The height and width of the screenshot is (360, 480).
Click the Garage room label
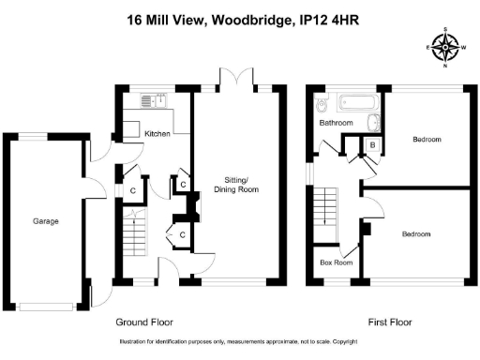[46, 221]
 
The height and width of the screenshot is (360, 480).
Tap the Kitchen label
[157, 134]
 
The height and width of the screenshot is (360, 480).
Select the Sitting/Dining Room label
[234, 184]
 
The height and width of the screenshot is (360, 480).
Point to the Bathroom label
[336, 123]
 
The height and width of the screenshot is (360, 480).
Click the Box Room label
[337, 263]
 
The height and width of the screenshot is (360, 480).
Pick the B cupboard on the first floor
[372, 145]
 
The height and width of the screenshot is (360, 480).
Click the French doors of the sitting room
[234, 78]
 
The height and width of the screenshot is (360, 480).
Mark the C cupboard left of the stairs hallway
[133, 191]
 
